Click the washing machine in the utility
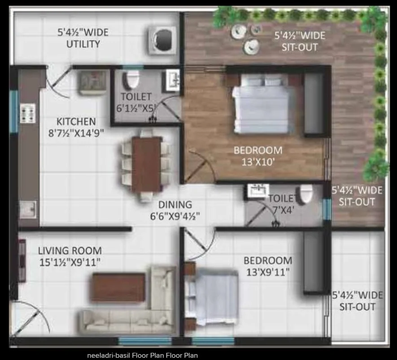pos(162,40)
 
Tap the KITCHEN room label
pos(76,121)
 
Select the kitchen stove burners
pos(27,113)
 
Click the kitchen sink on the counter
pos(28,209)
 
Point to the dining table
pos(146,165)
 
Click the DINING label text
pos(175,204)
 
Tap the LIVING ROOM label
pos(70,251)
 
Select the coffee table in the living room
pos(118,288)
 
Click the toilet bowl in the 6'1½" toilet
pos(131,79)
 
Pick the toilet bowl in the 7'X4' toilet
pos(305,194)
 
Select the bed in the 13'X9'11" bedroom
pos(212,298)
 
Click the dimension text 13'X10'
pos(258,162)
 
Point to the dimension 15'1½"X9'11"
pos(70,262)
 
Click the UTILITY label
pos(83,44)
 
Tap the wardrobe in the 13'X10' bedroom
pos(314,103)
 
